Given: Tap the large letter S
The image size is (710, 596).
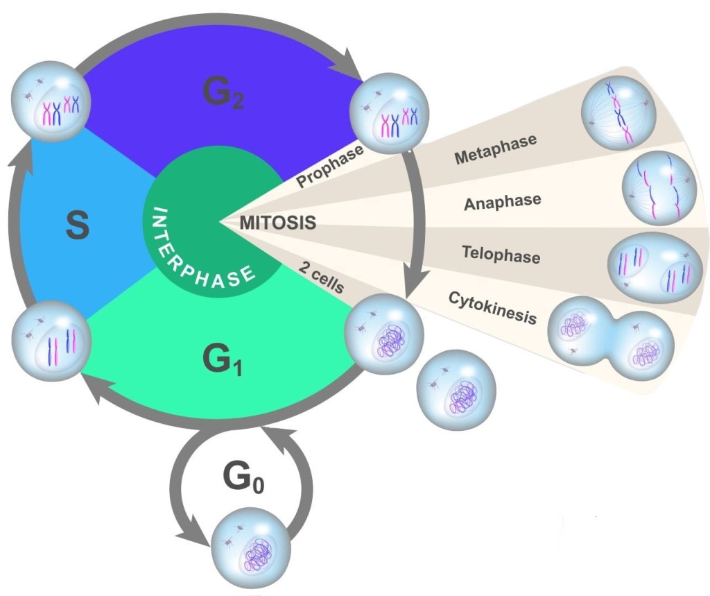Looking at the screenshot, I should [x=77, y=227].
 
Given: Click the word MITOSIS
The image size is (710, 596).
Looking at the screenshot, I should [x=277, y=223].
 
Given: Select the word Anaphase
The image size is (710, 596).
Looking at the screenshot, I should [x=502, y=203].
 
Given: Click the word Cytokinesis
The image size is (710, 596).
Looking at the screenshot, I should [x=492, y=307].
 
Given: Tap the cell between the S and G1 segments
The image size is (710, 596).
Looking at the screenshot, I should [x=49, y=337].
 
